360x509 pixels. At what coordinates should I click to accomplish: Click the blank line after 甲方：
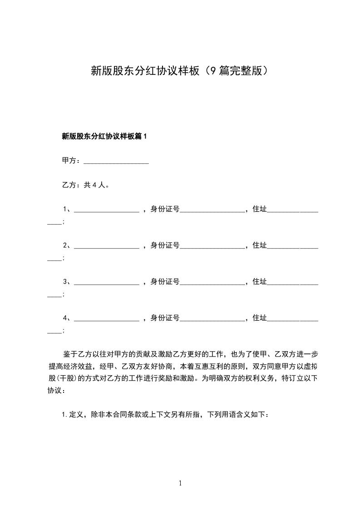pyautogui.click(x=116, y=162)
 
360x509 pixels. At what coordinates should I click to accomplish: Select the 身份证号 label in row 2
pyautogui.click(x=165, y=245)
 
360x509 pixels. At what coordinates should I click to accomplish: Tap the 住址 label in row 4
pyautogui.click(x=259, y=318)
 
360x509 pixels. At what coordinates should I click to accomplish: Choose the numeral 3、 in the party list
pyautogui.click(x=67, y=282)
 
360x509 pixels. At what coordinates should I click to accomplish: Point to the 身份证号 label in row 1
pyautogui.click(x=165, y=209)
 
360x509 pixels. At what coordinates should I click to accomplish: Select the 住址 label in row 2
pyautogui.click(x=259, y=245)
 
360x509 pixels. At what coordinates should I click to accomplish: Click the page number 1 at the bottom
pyautogui.click(x=180, y=483)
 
